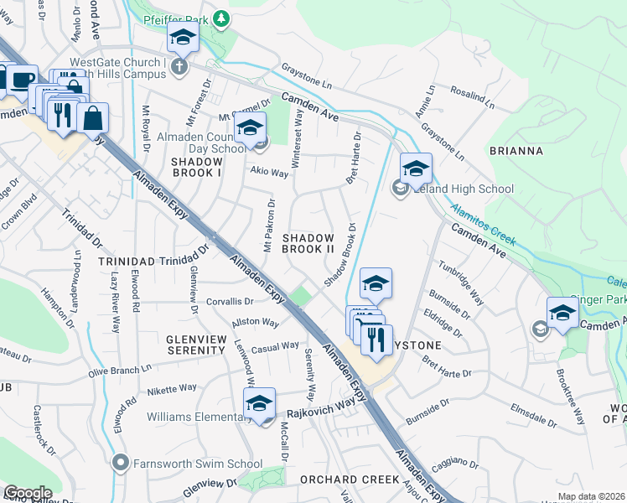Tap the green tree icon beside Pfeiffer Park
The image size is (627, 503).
(220, 18)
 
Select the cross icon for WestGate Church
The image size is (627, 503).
(178, 66)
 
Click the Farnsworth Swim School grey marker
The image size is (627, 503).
(122, 462)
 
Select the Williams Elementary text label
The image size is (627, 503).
(194, 417)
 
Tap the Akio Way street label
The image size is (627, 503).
(268, 174)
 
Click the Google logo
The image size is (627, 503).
(28, 493)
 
